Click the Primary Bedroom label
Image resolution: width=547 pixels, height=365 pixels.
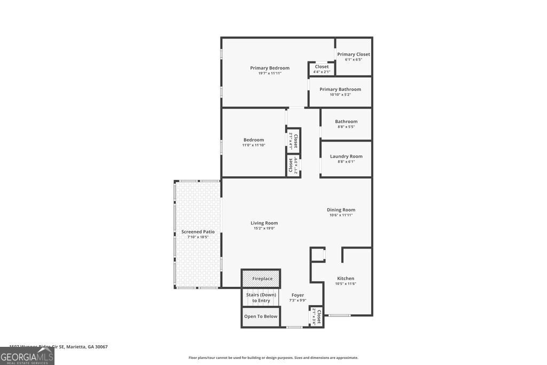point(270,68)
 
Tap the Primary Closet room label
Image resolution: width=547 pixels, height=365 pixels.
point(353,54)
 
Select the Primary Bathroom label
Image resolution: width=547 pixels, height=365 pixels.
point(340,89)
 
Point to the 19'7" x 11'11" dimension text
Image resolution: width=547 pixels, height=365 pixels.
point(270,73)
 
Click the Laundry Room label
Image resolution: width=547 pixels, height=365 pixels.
point(346,156)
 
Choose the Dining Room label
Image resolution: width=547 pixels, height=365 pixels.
point(341,209)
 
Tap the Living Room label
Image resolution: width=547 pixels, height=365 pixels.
point(264,223)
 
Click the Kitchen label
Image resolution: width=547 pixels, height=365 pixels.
point(346,278)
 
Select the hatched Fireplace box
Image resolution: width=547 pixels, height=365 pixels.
point(261,278)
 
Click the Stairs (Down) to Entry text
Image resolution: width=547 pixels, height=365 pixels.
point(261,298)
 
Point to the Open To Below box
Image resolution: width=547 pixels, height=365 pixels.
point(261,316)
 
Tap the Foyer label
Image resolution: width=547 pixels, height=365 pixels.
point(298,295)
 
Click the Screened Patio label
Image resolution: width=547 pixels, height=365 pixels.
point(198,232)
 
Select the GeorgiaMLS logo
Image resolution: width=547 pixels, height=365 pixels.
point(27,356)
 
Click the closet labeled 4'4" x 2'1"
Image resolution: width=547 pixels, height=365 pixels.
point(322,69)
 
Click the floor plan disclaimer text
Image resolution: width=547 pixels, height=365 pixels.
point(273,358)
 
